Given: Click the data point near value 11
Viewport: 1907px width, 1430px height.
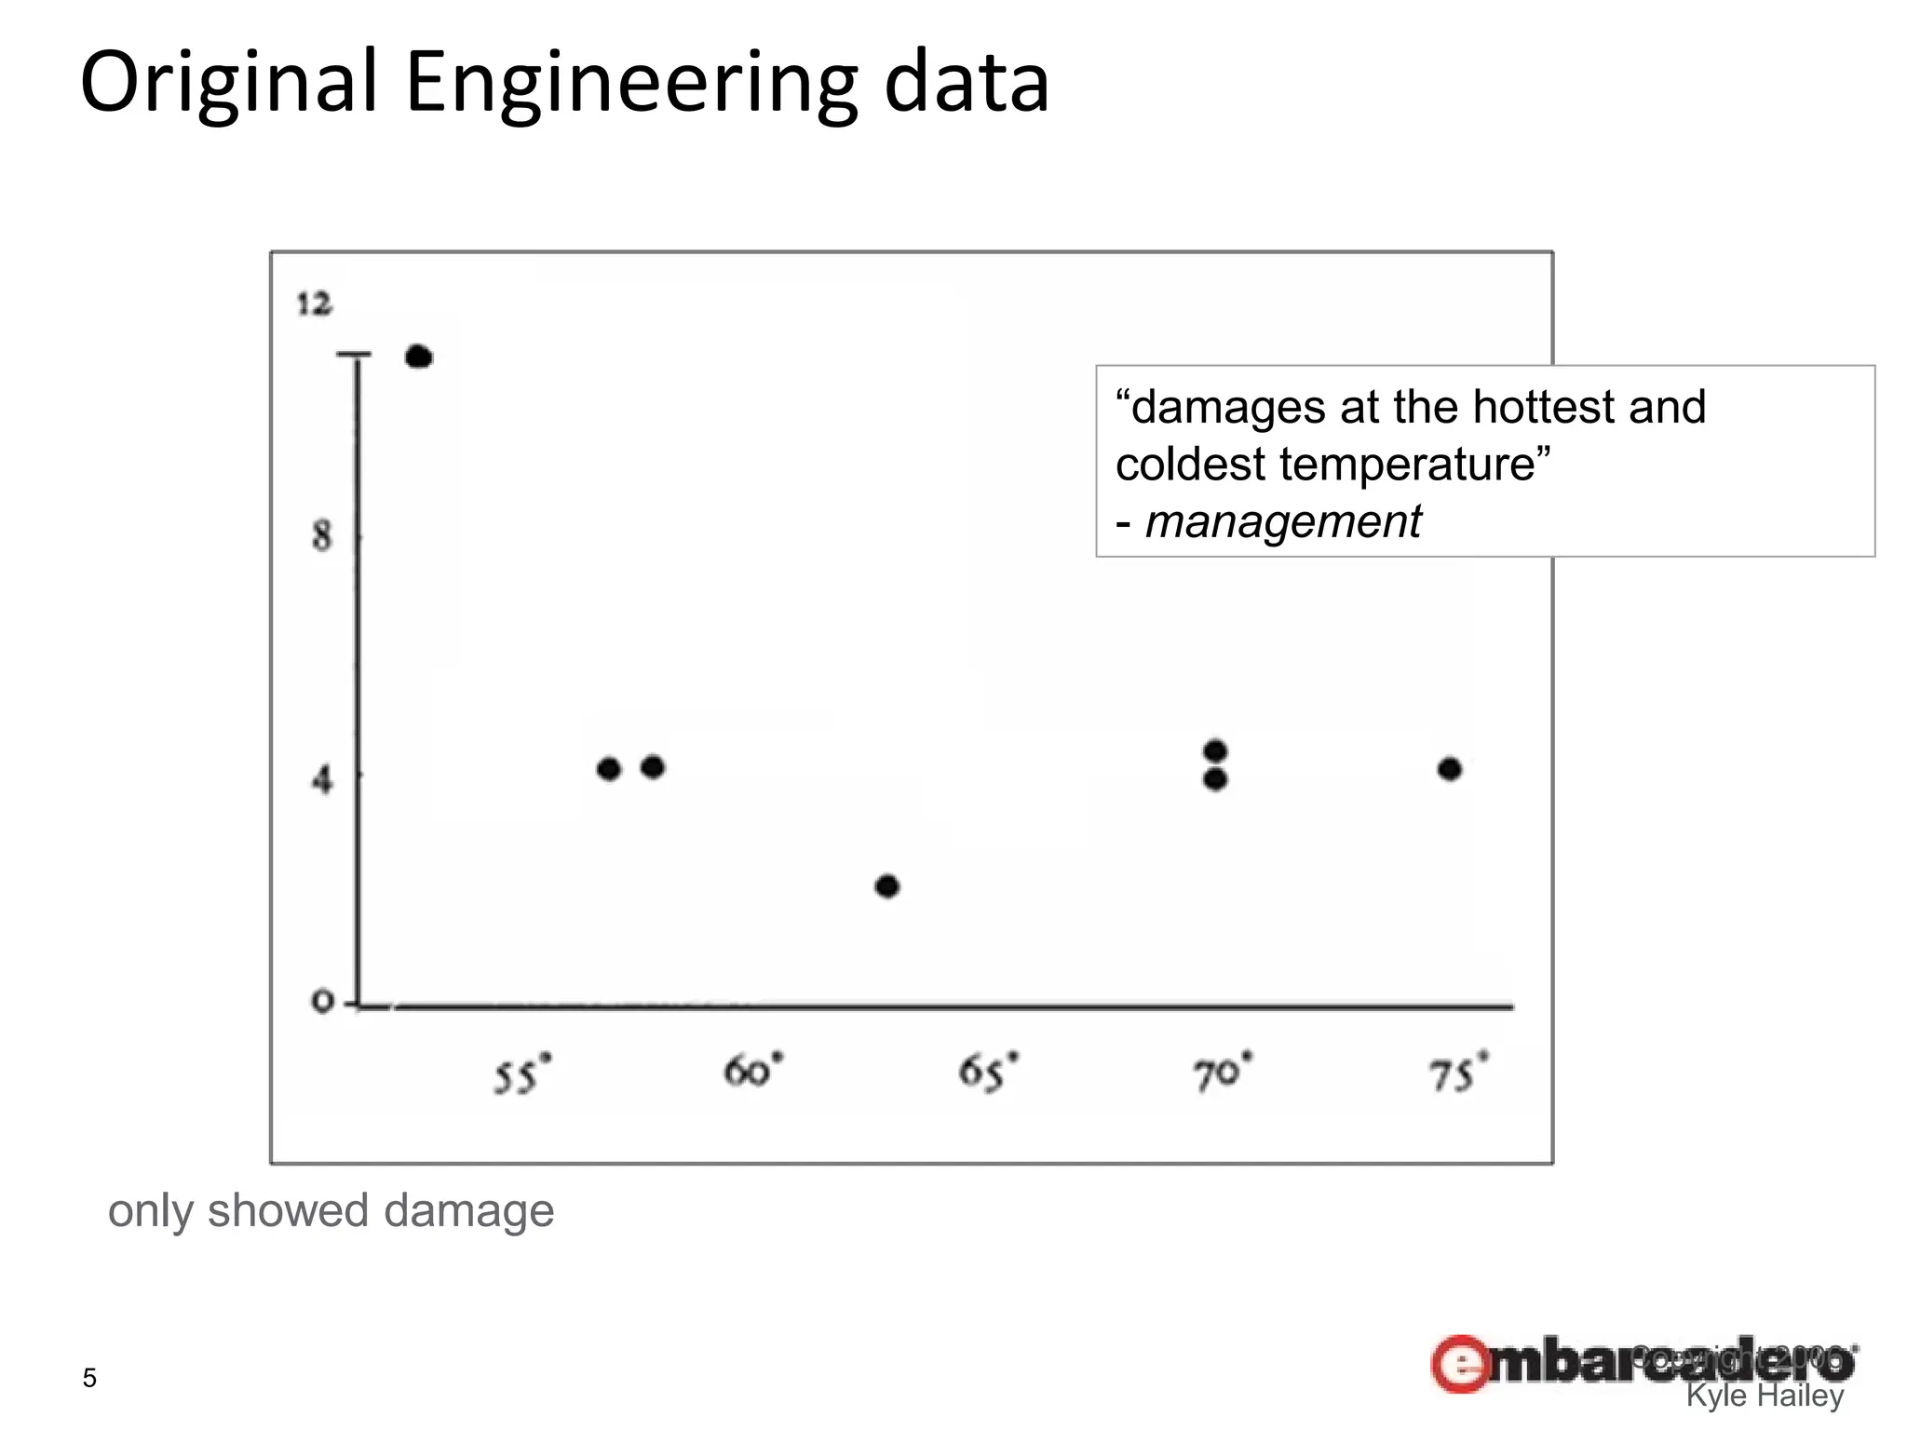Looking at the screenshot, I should tap(419, 357).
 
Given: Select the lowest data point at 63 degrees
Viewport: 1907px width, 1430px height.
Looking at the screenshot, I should tap(887, 886).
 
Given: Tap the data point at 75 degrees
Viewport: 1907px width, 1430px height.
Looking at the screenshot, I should tap(1450, 769).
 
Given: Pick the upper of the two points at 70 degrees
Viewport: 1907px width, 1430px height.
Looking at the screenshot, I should tap(1215, 750).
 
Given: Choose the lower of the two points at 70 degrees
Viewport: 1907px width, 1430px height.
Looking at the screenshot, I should tap(1215, 780).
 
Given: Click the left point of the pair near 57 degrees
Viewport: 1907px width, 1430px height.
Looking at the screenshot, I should tap(609, 769).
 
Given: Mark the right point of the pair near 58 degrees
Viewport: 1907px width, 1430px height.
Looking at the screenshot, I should tap(653, 767).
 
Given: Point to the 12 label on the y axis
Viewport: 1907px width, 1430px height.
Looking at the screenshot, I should tap(314, 304).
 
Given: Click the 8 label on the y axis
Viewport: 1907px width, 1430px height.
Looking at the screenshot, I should tap(321, 536).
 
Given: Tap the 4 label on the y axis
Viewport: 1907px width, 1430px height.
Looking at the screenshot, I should tap(321, 778).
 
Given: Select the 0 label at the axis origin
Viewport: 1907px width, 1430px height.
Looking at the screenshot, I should tap(321, 1003).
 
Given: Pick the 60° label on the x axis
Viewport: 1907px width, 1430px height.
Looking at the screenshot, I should tap(752, 1072).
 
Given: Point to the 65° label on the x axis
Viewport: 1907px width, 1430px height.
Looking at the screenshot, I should tap(988, 1072).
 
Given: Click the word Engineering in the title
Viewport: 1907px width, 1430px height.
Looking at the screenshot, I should tap(630, 84).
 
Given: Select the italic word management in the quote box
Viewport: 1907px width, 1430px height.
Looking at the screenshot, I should tap(1282, 521).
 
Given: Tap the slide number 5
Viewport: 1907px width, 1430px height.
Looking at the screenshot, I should tap(89, 1378).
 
